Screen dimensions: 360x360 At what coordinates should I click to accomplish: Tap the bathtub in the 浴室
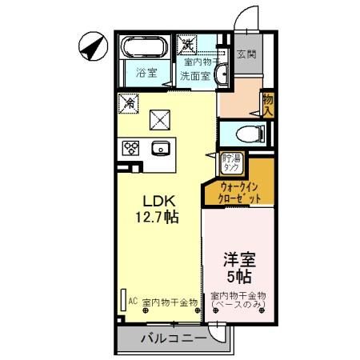[x=146, y=50]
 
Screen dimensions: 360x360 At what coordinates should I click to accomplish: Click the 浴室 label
[x=146, y=73]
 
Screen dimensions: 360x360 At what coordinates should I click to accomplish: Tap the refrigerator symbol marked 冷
[x=127, y=103]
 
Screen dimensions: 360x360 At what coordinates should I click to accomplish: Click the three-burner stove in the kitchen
[x=131, y=148]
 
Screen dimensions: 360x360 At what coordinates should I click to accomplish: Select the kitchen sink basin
[x=160, y=148]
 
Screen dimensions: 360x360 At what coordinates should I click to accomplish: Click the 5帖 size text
[x=238, y=278]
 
